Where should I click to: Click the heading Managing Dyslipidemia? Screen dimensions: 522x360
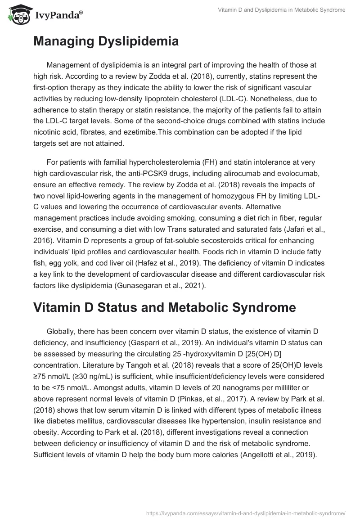pyautogui.click(x=106, y=41)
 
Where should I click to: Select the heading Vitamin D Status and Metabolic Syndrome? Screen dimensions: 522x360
pyautogui.click(x=165, y=307)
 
